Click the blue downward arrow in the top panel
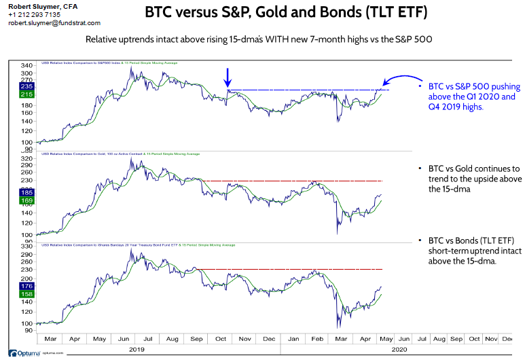[228, 77]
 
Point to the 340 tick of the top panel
[27, 65]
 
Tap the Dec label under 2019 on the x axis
[269, 338]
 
